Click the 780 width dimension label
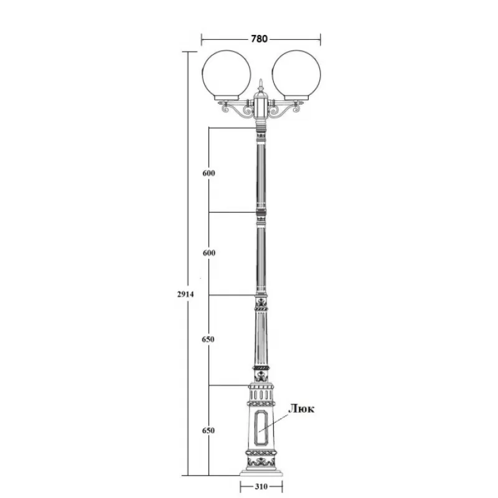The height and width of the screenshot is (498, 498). point(259,39)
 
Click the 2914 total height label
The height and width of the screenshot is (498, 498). point(186,294)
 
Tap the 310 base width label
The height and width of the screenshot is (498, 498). point(261,486)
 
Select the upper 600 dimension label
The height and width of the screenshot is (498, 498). point(209,173)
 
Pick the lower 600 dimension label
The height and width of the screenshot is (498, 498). point(209,253)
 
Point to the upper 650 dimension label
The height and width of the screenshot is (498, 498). point(209,339)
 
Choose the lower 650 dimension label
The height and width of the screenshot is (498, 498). point(209,431)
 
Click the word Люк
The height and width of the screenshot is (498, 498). point(301,409)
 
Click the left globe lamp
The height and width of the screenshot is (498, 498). point(227,75)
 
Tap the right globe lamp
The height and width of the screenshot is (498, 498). point(296,75)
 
